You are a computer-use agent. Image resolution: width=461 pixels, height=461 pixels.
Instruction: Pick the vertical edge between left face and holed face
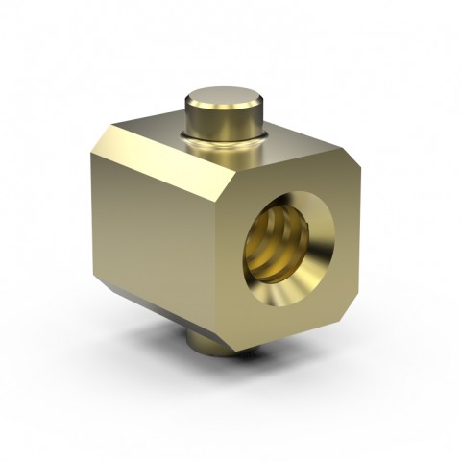(227, 250)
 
